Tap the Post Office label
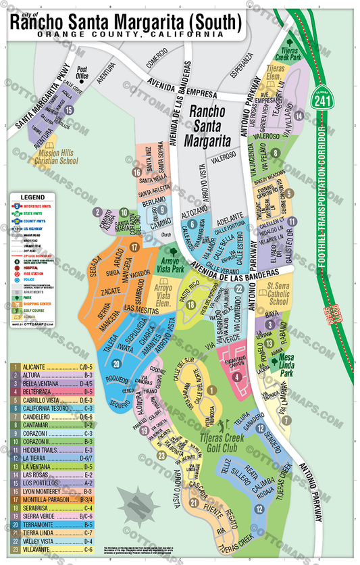pyautogui.click(x=82, y=72)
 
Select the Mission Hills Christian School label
pyautogui.click(x=53, y=157)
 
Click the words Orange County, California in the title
pyautogui.click(x=131, y=33)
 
